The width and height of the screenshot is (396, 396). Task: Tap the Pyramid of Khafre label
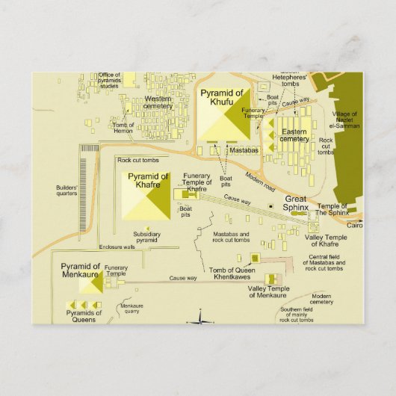point(148,180)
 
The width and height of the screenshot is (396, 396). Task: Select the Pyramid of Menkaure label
point(81,270)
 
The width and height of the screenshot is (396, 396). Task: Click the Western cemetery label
point(158,102)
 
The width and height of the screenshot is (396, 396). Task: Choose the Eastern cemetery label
point(294,135)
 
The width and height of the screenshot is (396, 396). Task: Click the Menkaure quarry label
point(132,309)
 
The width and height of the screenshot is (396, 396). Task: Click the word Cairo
point(355,224)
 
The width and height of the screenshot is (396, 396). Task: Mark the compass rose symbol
point(200,321)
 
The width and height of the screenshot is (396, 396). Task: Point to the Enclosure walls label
point(117,247)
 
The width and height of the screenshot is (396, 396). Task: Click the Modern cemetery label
point(322,298)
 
